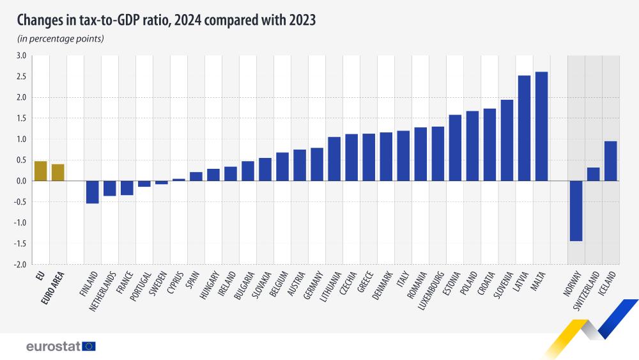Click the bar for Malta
click(541, 126)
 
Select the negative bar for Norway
click(576, 211)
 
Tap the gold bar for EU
click(40, 171)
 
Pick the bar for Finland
click(93, 192)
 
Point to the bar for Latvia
click(524, 128)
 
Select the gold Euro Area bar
click(58, 173)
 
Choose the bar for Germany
click(317, 164)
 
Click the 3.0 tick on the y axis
click(20, 56)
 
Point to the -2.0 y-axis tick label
click(20, 264)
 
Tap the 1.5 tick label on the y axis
click(20, 118)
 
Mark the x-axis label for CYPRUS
click(176, 285)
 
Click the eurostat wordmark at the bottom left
click(53, 346)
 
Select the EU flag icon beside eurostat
click(89, 346)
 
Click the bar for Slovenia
click(507, 140)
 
